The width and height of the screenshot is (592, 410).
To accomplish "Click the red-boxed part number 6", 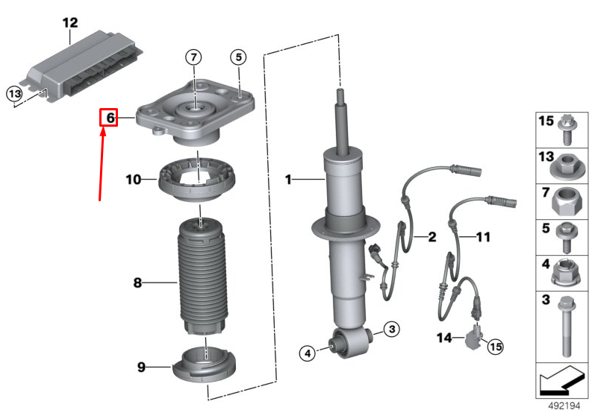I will click(109, 118).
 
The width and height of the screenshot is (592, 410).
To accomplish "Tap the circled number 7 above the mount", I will click(193, 57).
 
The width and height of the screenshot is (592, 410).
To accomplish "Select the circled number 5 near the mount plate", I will click(237, 57).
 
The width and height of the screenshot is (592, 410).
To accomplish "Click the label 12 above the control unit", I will click(69, 22).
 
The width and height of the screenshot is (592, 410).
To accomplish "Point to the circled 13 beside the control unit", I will click(14, 93).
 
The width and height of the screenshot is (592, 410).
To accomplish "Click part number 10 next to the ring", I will click(133, 180).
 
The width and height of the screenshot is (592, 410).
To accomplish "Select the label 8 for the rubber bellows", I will click(137, 283).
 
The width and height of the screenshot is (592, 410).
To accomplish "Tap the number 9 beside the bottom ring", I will click(142, 366).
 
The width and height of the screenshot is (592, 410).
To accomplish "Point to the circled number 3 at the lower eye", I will click(393, 328).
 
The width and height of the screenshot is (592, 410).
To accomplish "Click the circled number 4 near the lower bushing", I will click(306, 353).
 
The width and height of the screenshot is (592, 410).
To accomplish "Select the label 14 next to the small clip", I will click(444, 338).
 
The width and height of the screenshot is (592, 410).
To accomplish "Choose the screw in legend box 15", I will click(566, 131).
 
